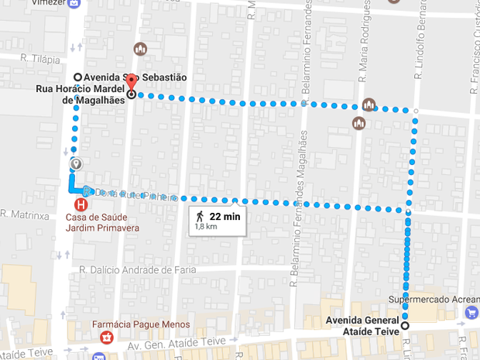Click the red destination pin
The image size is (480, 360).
click(132, 83)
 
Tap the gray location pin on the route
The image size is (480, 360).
click(75, 164)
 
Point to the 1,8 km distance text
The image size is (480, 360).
click(205, 227)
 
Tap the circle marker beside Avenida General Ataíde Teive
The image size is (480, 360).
click(405, 326)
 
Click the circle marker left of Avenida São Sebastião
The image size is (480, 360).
click(77, 77)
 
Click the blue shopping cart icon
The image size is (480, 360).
click(471, 313)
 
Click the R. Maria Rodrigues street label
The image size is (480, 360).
click(362, 58)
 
